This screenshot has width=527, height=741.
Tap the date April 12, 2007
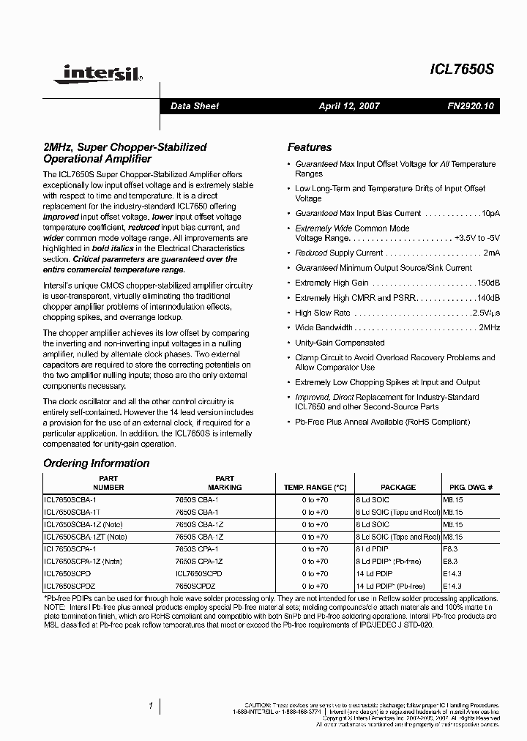tap(349, 106)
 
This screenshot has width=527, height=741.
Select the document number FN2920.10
tap(471, 106)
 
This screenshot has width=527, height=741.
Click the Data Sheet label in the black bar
tap(195, 106)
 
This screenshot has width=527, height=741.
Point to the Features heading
tap(309, 147)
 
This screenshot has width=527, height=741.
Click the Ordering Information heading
tap(96, 463)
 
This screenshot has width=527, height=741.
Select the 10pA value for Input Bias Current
tap(490, 214)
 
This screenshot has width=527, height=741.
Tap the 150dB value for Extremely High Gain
tap(488, 283)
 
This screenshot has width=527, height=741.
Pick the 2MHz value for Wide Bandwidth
tap(489, 328)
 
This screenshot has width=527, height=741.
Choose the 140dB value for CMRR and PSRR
tap(488, 298)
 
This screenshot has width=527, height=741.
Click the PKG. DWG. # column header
tap(471, 487)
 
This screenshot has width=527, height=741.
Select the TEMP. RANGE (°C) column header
tap(315, 487)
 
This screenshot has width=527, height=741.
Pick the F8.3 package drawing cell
tap(449, 548)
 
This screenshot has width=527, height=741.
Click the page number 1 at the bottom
tap(150, 706)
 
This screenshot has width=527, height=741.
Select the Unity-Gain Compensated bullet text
tap(340, 343)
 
